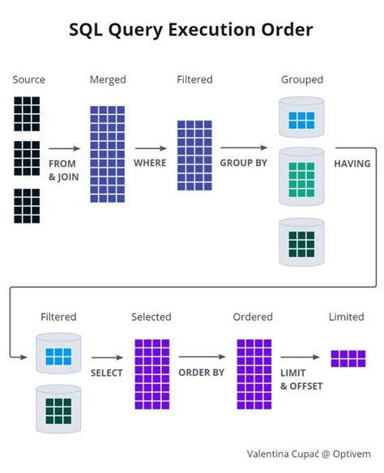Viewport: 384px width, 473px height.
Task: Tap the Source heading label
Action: point(28,79)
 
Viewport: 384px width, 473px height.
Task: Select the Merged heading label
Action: point(107,79)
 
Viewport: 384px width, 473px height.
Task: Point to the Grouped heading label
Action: point(301,79)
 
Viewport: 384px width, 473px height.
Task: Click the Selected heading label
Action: point(151,317)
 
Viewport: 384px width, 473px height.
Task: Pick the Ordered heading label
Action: point(253,317)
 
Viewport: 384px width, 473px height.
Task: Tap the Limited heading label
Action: point(346,317)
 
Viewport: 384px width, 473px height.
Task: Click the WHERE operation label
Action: point(150,163)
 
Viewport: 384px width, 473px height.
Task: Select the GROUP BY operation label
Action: point(244,163)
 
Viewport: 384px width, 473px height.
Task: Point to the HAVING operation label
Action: point(352,163)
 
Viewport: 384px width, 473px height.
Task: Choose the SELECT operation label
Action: point(107,373)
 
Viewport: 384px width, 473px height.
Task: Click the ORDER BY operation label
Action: point(202,373)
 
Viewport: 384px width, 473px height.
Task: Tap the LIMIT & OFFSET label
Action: point(301,379)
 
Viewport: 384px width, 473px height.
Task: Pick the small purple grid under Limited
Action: point(348,359)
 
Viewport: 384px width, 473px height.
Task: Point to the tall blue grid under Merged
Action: point(107,153)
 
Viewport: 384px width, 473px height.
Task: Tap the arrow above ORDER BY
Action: point(202,357)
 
